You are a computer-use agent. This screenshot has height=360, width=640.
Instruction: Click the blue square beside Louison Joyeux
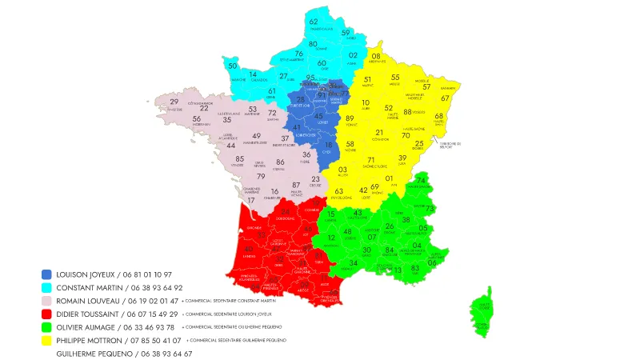click(x=46, y=274)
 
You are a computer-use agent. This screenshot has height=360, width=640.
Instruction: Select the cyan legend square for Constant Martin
click(x=46, y=287)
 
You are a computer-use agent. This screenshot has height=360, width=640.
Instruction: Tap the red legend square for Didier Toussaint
click(x=46, y=314)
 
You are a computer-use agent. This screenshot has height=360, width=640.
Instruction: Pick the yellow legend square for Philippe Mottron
click(x=46, y=340)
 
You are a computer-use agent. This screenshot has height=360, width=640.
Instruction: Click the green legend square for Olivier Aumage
click(x=46, y=327)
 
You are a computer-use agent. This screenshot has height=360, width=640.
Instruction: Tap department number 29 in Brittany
click(x=174, y=102)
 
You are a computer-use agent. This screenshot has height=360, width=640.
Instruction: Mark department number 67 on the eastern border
click(x=446, y=98)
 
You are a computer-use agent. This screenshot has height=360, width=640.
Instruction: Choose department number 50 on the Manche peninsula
click(x=233, y=66)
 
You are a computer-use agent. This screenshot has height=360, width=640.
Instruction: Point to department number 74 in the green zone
click(x=421, y=181)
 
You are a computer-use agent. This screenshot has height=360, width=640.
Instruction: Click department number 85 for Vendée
click(x=240, y=159)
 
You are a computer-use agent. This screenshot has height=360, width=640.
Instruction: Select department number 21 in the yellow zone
click(x=380, y=132)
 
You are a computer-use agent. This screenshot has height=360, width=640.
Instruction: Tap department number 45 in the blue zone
click(x=318, y=117)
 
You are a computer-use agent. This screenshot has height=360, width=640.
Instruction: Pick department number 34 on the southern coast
click(x=354, y=262)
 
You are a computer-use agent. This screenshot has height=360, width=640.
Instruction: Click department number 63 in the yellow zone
click(x=339, y=191)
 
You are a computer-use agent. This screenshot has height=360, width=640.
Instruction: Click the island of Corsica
click(x=482, y=312)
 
